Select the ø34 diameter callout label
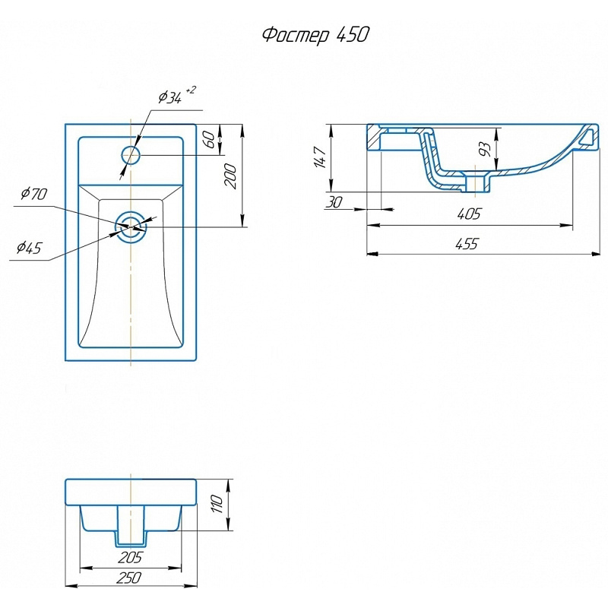point(169,97)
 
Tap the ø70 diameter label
point(34,195)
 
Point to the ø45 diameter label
point(28,248)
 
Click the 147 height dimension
point(320,158)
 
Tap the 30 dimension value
point(333,202)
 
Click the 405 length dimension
point(469,215)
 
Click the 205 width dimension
point(131,558)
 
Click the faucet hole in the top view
point(131,156)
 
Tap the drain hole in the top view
point(131,226)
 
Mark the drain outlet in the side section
point(479,182)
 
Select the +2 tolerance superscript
point(190,90)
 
